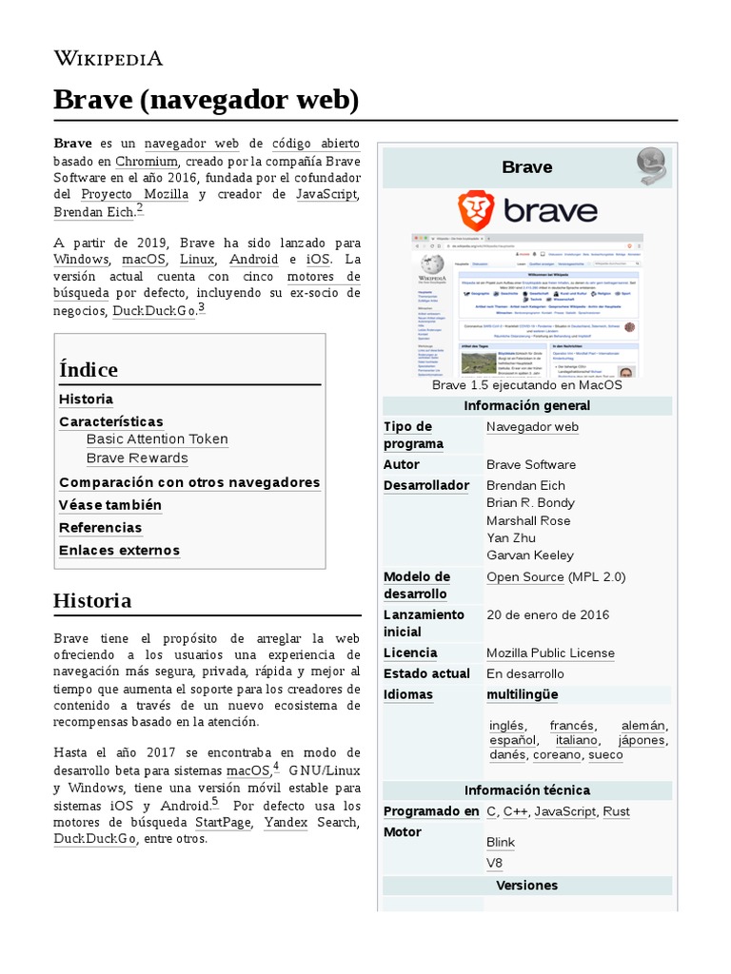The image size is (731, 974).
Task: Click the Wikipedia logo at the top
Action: [108, 58]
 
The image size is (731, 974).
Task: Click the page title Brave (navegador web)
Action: [206, 99]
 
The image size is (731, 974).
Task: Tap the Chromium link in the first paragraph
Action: [147, 161]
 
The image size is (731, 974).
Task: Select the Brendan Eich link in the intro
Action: [94, 212]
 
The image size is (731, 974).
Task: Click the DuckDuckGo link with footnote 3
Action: [153, 311]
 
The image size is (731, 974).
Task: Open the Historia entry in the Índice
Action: [86, 399]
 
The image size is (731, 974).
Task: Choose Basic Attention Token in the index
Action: [157, 438]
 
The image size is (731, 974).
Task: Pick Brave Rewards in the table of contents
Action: [137, 458]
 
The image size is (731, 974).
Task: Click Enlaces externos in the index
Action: [119, 550]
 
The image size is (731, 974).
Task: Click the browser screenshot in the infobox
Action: [526, 304]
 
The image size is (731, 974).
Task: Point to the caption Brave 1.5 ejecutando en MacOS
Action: [526, 385]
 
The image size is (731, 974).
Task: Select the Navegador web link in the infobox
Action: [532, 426]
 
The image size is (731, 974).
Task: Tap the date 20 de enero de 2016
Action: [547, 614]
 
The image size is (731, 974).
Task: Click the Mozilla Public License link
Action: [550, 653]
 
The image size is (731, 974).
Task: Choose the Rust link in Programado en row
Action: [616, 811]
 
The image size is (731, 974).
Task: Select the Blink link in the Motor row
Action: [500, 842]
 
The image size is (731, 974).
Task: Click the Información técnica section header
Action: [526, 790]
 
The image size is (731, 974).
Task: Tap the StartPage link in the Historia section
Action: [224, 821]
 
